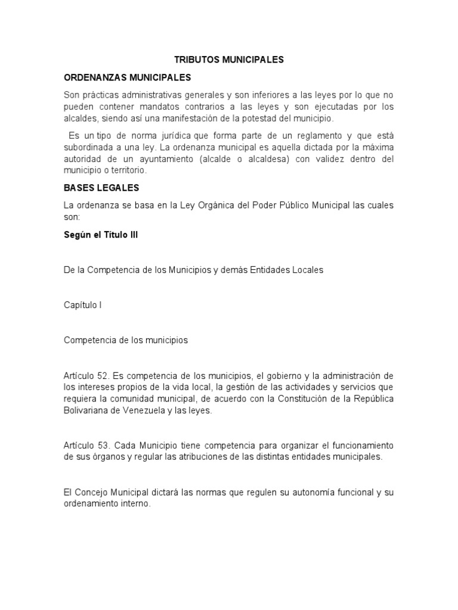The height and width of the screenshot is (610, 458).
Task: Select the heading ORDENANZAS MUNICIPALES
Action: pyautogui.click(x=127, y=77)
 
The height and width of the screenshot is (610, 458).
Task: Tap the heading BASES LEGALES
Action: pyautogui.click(x=101, y=188)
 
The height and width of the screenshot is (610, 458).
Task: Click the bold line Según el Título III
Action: pyautogui.click(x=101, y=235)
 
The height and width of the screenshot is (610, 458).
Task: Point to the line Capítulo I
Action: pyautogui.click(x=83, y=305)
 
